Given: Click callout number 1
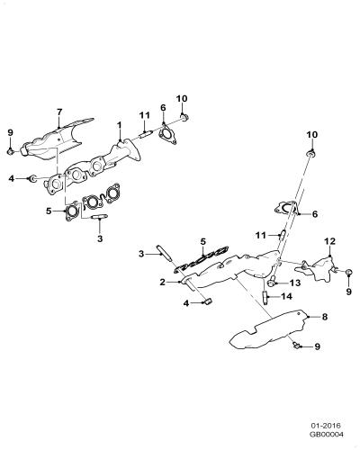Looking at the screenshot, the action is tap(120, 125).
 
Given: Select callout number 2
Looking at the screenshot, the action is tap(163, 282).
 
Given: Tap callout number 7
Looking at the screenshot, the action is tap(59, 112).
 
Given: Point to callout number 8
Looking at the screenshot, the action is tap(325, 317).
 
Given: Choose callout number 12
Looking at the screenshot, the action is tap(329, 241).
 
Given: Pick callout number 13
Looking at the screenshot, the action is tap(295, 283).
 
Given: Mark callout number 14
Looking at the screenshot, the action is tap(286, 296).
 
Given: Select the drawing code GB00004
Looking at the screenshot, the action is tap(326, 434).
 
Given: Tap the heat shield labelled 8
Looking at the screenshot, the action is tap(268, 330).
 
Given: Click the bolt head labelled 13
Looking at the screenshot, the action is tap(272, 282).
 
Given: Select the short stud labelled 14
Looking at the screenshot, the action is tap(265, 297).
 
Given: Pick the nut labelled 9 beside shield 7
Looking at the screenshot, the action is tap(11, 152).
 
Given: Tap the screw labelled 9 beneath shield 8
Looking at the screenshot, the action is tap(295, 346).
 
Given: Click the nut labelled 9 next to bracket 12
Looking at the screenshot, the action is tap(348, 273).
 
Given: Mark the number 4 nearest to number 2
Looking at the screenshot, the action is tap(186, 303).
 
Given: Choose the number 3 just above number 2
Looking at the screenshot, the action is tap(141, 254).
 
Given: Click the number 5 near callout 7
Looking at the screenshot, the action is tap(49, 211).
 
